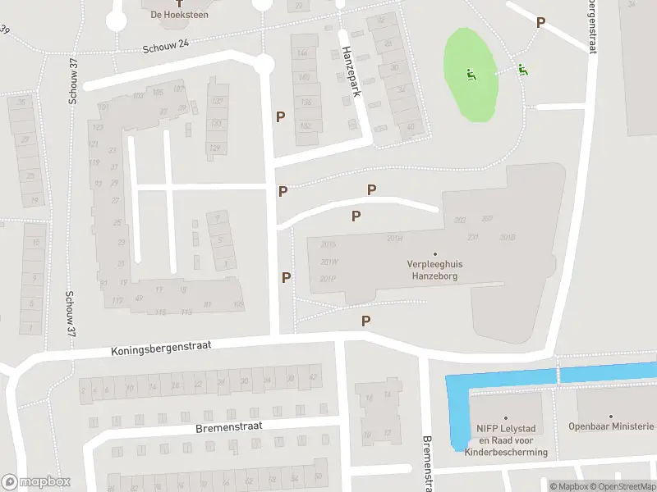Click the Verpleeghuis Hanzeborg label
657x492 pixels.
pyautogui.click(x=434, y=271)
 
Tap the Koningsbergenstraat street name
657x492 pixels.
pyautogui.click(x=161, y=348)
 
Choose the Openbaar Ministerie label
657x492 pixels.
pyautogui.click(x=612, y=426)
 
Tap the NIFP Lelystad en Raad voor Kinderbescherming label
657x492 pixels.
pyautogui.click(x=505, y=440)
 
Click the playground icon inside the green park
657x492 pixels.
pyautogui.click(x=471, y=75)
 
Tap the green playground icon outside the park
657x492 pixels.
pyautogui.click(x=522, y=70)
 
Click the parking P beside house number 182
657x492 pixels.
pyautogui.click(x=281, y=117)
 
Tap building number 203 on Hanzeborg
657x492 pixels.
pyautogui.click(x=459, y=220)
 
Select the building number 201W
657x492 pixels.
pyautogui.click(x=329, y=262)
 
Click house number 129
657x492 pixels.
pyautogui.click(x=215, y=148)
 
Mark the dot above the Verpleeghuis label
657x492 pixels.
pyautogui.click(x=434, y=253)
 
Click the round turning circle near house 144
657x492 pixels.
pyautogui.click(x=264, y=64)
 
